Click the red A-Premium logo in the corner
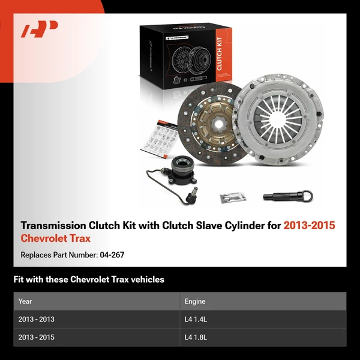coord(40,29)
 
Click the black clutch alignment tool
coord(287,195)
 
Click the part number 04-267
coord(112,255)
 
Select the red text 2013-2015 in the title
coord(309,226)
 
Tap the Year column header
coord(25,301)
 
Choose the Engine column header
coord(195,301)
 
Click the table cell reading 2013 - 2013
coord(36,319)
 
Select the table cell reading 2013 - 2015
coord(36,338)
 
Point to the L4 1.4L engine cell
coord(196,319)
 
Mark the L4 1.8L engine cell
coord(196,338)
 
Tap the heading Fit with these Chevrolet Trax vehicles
coord(89,280)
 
